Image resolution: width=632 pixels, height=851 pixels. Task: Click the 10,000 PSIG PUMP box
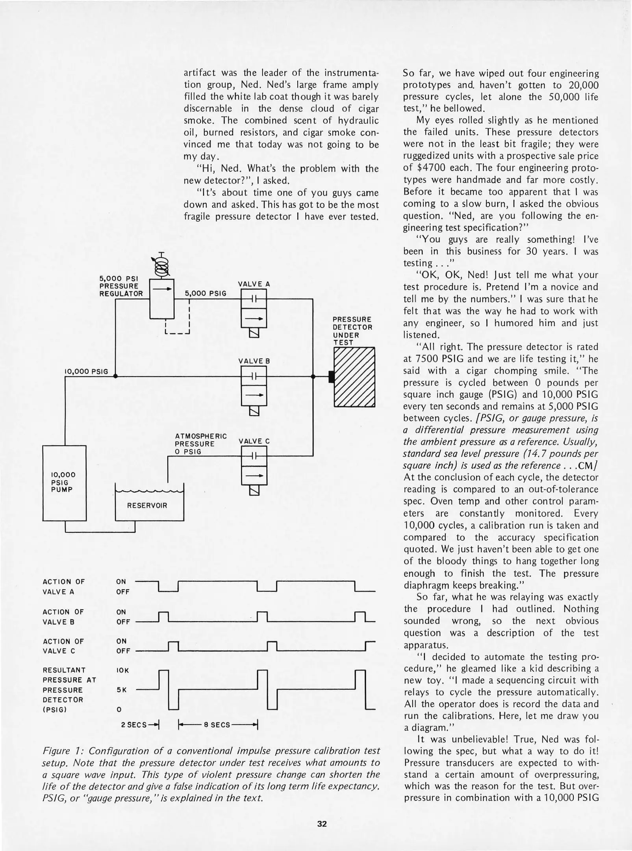[64, 483]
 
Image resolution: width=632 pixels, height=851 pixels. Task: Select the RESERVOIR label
[147, 505]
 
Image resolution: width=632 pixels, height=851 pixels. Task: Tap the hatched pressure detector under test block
[354, 377]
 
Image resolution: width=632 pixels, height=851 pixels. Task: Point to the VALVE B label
[254, 361]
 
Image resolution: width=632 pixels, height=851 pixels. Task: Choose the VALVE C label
[254, 441]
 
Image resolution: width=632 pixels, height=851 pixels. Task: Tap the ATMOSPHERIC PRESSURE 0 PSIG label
[200, 444]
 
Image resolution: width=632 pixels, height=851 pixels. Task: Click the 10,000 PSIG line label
[86, 372]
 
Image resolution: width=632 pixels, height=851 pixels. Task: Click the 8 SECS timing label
[217, 724]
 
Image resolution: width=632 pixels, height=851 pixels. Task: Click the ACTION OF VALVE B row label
[63, 617]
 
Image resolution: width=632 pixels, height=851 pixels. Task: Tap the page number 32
[322, 823]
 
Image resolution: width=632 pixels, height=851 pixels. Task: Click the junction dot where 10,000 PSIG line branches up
[115, 376]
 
